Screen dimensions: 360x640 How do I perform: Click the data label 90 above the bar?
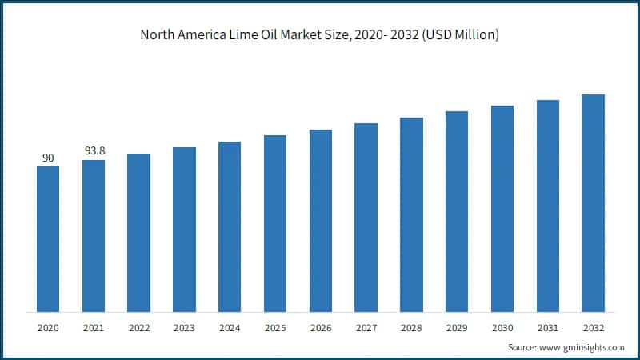(x=48, y=158)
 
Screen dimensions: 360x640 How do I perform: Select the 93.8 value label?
(x=94, y=151)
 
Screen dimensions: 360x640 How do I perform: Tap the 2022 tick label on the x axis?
(x=138, y=328)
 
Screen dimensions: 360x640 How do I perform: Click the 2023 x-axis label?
(x=184, y=328)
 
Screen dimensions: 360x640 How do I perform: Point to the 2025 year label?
(x=275, y=328)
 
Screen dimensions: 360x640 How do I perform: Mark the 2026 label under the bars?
(x=321, y=328)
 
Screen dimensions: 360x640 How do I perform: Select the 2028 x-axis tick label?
(x=411, y=328)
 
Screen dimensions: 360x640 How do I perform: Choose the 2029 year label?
(x=457, y=328)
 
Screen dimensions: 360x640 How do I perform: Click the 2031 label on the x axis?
(x=548, y=328)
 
